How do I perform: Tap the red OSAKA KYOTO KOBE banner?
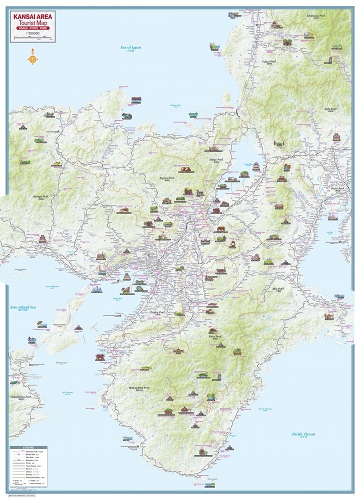point(32,29)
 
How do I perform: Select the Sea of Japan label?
point(130,47)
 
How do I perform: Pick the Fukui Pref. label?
point(269,61)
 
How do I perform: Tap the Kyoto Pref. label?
point(167,178)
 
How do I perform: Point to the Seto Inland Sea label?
point(23,308)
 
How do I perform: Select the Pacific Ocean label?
point(303,434)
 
